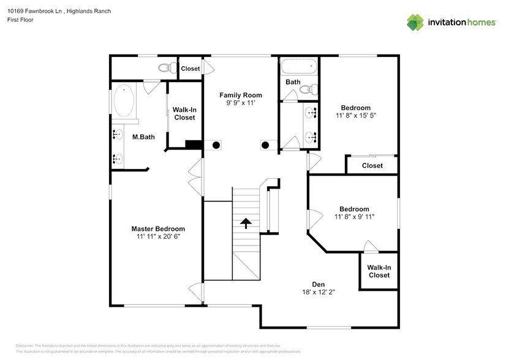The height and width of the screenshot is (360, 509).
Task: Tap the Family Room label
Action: pyautogui.click(x=241, y=95)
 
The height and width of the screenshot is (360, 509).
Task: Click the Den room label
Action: pyautogui.click(x=319, y=284)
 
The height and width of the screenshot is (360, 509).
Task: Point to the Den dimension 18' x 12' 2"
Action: pyautogui.click(x=319, y=292)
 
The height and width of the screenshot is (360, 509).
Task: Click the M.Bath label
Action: pyautogui.click(x=143, y=137)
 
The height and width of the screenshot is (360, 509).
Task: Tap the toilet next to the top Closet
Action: pyautogui.click(x=164, y=68)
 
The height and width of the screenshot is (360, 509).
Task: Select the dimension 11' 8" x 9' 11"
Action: pyautogui.click(x=354, y=216)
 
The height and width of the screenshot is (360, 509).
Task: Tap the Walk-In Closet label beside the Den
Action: pyautogui.click(x=379, y=271)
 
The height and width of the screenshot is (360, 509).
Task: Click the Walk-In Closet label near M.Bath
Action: pyautogui.click(x=184, y=113)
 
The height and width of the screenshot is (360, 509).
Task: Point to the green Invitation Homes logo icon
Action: pyautogui.click(x=415, y=22)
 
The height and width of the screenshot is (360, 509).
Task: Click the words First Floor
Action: pyautogui.click(x=21, y=20)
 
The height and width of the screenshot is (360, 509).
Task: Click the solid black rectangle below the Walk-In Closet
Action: pyautogui.click(x=194, y=144)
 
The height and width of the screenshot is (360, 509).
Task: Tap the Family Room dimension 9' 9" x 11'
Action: pyautogui.click(x=241, y=103)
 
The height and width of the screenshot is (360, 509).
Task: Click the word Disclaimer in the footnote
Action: pyautogui.click(x=25, y=346)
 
